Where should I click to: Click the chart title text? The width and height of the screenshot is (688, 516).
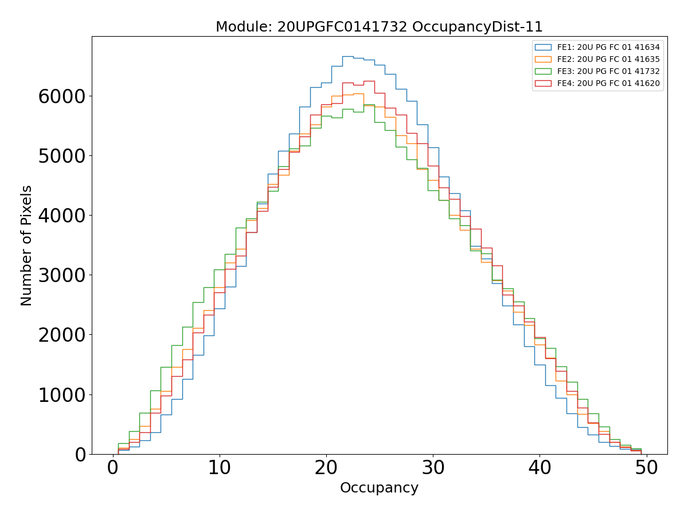(379, 27)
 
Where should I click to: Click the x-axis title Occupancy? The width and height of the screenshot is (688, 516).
(379, 488)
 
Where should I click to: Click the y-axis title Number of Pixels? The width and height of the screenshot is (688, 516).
(26, 245)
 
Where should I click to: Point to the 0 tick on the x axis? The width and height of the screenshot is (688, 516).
(112, 468)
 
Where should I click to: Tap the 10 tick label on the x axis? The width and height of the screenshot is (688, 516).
(219, 468)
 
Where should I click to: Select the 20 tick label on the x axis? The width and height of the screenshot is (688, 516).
(326, 468)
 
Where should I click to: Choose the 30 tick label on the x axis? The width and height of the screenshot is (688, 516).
(433, 468)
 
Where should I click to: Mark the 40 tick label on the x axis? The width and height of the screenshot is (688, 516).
(540, 468)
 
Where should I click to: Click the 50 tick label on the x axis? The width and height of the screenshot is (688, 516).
(646, 468)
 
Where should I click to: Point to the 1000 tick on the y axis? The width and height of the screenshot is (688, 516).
(61, 395)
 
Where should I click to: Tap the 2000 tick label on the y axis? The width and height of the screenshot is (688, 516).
(61, 335)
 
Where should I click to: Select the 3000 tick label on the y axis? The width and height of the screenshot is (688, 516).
(61, 276)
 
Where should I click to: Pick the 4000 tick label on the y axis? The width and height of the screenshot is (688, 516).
(61, 216)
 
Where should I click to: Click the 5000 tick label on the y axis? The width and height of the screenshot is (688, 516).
(61, 157)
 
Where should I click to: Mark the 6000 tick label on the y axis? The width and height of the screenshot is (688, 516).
(61, 97)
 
